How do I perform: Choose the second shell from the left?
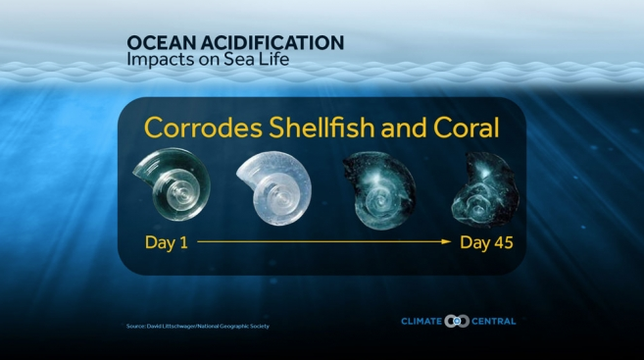click(x=273, y=186)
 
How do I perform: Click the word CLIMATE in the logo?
click(x=421, y=320)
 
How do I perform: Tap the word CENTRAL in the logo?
click(x=493, y=320)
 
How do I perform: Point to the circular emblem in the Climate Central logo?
click(x=457, y=320)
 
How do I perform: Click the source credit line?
click(x=197, y=325)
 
